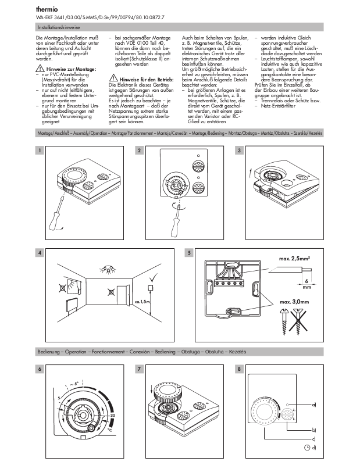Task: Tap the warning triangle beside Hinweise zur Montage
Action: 39,69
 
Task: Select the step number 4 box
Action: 39,253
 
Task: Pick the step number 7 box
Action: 139,370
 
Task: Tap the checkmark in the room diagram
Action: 151,284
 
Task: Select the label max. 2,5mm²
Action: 293,257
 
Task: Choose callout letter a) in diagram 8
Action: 313,403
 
